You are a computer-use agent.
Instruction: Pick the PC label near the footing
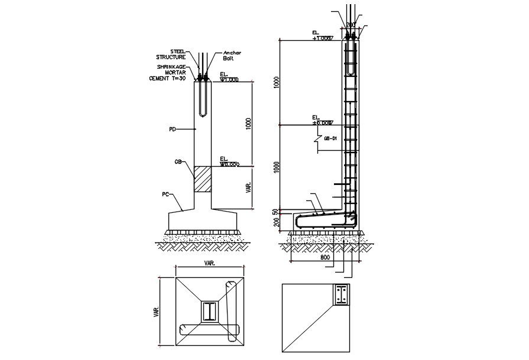167,193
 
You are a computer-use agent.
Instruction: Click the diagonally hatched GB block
203,179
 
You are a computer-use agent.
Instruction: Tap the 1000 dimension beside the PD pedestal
249,124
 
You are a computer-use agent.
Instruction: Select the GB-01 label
330,139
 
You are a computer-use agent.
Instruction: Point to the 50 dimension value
275,211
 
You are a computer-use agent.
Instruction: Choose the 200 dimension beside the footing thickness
275,222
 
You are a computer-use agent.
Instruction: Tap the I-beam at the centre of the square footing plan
210,311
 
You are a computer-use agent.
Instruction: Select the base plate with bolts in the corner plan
341,295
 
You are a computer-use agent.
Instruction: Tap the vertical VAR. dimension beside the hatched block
249,187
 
